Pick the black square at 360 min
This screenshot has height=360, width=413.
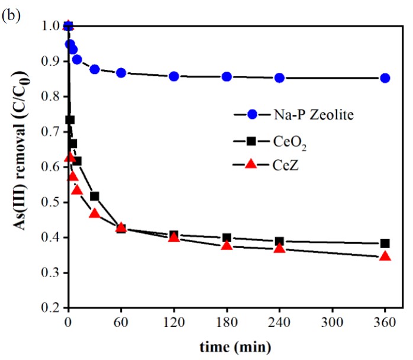pos(385,243)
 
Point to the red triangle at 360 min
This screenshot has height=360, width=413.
pos(385,256)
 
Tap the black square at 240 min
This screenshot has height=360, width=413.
pos(279,242)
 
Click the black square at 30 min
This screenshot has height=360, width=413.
pos(95,196)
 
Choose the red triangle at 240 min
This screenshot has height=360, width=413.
pos(279,248)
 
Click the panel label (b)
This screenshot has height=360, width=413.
pos(11,15)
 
